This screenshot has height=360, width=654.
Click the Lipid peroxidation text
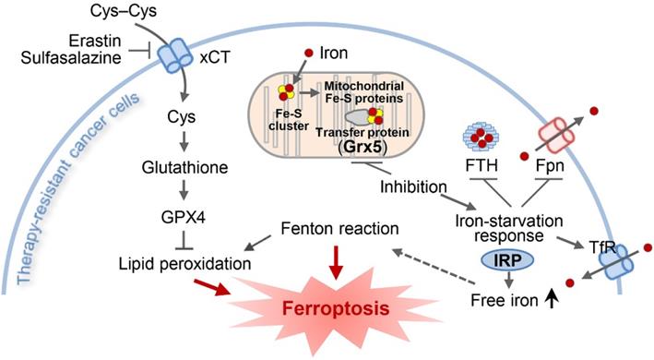[x=184, y=263]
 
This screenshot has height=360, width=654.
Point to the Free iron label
[x=500, y=301]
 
